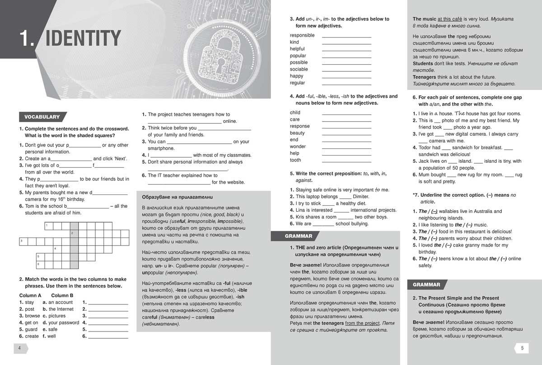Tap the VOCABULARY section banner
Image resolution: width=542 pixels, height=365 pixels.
click(42, 117)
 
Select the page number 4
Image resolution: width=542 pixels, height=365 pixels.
click(20, 348)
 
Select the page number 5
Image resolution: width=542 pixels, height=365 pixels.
click(522, 348)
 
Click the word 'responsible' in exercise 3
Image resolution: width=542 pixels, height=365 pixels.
click(302, 35)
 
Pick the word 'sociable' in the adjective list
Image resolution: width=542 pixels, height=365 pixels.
click(299, 69)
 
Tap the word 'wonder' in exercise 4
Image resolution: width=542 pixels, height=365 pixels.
click(298, 147)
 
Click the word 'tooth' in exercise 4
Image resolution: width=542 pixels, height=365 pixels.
click(295, 160)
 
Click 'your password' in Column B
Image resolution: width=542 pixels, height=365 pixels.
click(64, 322)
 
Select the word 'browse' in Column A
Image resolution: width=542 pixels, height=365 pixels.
click(33, 316)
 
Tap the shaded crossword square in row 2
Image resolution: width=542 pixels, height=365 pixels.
click(74, 233)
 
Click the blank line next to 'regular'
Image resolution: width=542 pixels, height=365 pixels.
click(346, 84)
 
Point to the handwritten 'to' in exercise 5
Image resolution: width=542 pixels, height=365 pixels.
click(378, 190)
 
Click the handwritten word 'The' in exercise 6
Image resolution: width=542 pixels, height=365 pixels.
click(459, 114)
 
